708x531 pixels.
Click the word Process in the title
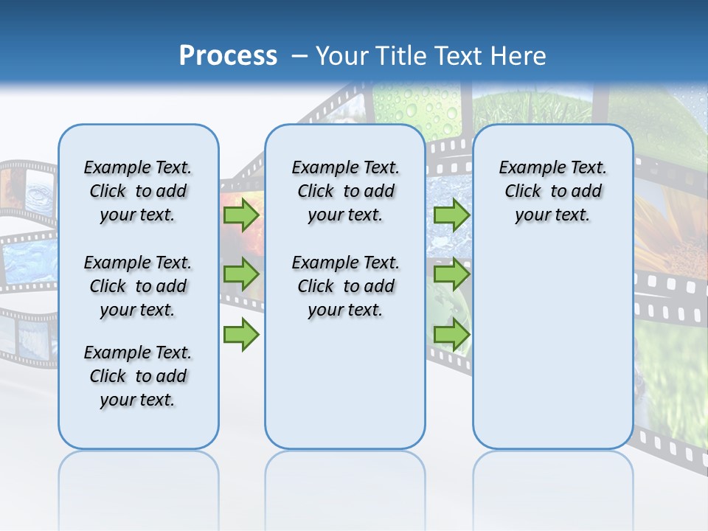[228, 56]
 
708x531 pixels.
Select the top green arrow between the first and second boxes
[241, 215]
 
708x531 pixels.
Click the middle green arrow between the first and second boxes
[241, 274]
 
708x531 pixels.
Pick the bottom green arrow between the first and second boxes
[241, 335]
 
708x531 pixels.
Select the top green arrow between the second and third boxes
[451, 215]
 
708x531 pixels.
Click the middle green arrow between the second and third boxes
[451, 274]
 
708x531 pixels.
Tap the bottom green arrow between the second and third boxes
[451, 335]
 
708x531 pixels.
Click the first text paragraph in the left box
[138, 191]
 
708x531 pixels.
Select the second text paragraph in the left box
[138, 286]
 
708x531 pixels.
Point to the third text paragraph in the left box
[138, 376]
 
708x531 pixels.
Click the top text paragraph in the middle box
[345, 191]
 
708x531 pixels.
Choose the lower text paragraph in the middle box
[345, 286]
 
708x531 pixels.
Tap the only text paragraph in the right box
[552, 191]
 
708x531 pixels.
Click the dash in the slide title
[299, 56]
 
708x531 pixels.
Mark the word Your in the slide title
[342, 56]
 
